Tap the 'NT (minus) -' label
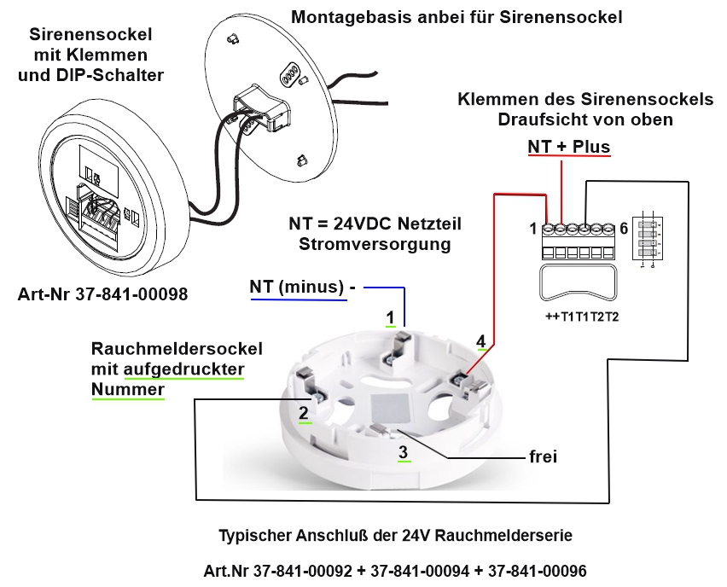tap(303, 287)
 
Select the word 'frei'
tap(543, 456)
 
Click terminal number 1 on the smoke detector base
tap(390, 318)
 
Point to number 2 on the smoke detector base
tap(303, 413)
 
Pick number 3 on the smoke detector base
tap(404, 452)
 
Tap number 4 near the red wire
tap(481, 341)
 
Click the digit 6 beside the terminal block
tap(624, 229)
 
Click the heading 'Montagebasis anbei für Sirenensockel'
tap(457, 17)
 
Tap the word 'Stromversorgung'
tap(376, 244)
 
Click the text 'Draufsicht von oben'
tap(585, 119)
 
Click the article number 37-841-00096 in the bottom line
tap(529, 569)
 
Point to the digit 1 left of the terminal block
tap(532, 229)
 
